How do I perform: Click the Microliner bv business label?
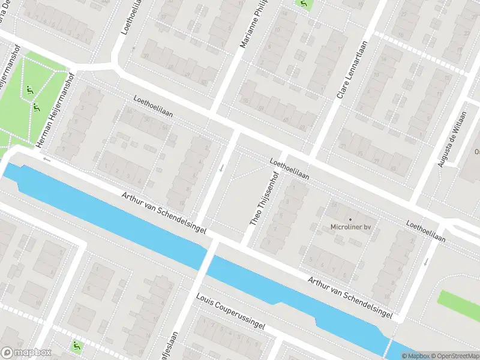[350, 227]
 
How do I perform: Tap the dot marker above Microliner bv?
[350, 219]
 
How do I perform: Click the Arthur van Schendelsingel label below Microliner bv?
[351, 297]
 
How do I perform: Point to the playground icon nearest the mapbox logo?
[76, 346]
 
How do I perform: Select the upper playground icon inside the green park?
[29, 91]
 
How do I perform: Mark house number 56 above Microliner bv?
[334, 206]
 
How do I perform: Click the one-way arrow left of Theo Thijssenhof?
[222, 169]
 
